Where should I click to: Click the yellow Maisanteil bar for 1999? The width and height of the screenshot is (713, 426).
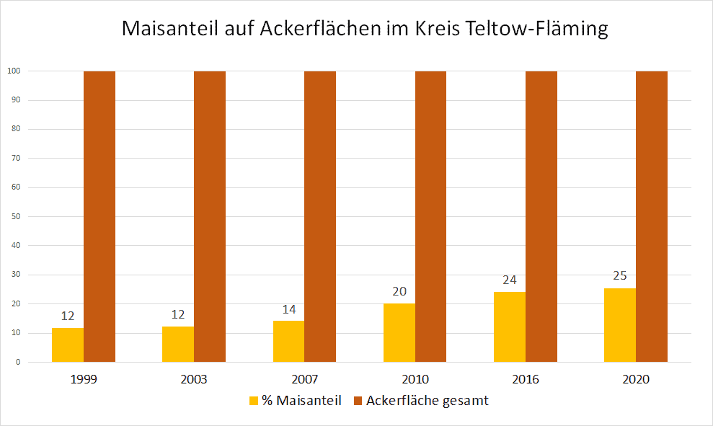[x=68, y=345]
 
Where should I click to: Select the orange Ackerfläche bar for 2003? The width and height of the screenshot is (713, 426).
[x=210, y=216]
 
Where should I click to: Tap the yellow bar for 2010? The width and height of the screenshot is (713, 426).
[x=399, y=333]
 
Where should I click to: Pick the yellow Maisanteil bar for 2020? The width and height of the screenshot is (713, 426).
[x=620, y=325]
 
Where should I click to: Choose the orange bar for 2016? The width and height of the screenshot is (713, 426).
[x=541, y=216]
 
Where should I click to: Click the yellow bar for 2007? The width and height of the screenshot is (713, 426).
[x=288, y=342]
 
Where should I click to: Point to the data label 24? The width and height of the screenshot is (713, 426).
[x=510, y=280]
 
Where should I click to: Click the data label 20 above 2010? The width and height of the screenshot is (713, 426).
[x=399, y=292]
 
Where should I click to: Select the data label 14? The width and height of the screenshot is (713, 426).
[x=288, y=309]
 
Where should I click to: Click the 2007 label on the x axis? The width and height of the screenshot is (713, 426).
[x=304, y=378]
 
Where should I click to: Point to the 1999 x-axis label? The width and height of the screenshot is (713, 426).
[x=84, y=378]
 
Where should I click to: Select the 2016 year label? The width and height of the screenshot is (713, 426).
[x=526, y=378]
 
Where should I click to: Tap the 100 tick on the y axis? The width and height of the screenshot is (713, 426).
[x=14, y=71]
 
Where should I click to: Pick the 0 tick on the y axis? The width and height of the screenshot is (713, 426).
[x=17, y=363]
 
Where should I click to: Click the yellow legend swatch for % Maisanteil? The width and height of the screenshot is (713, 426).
[x=253, y=401]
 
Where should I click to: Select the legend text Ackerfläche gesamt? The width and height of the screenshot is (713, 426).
[x=427, y=401]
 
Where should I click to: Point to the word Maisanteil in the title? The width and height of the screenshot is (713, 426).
[x=172, y=30]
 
